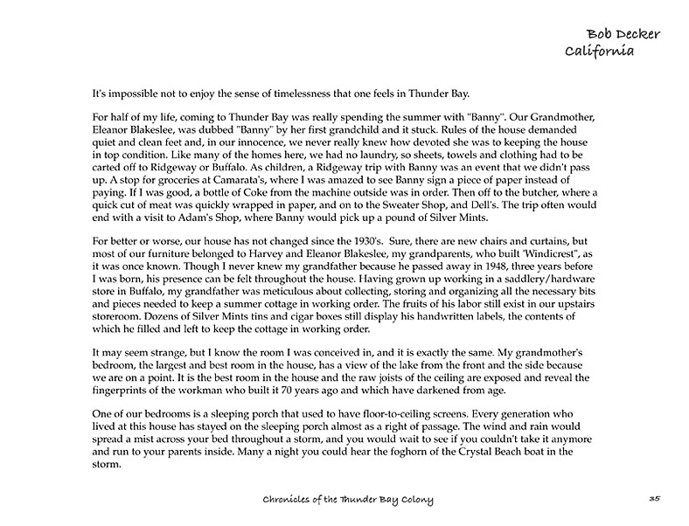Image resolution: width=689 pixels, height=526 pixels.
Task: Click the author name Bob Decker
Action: (x=623, y=34)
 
